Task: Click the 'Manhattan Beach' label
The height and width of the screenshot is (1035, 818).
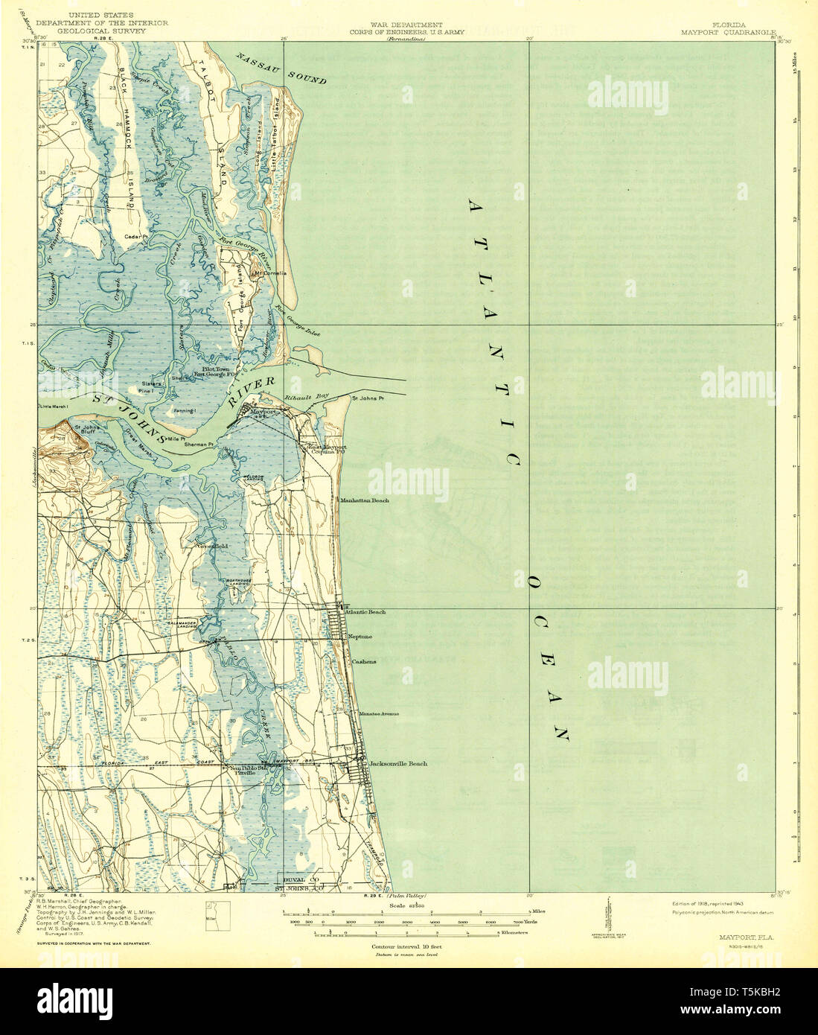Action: click(x=365, y=501)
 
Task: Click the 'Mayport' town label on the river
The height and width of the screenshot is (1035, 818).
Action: click(x=262, y=411)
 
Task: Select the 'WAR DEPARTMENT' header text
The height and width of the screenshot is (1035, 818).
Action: click(x=401, y=25)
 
